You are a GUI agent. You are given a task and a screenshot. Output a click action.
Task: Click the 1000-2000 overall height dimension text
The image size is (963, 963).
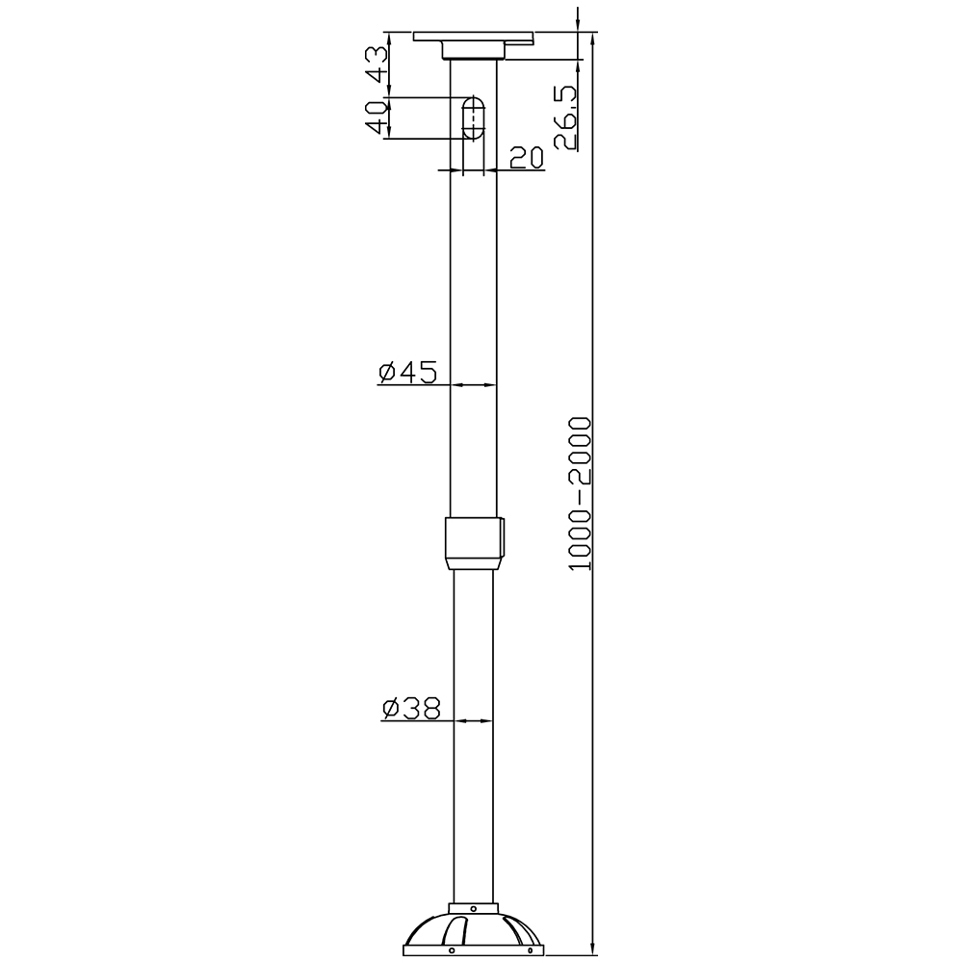click(x=580, y=494)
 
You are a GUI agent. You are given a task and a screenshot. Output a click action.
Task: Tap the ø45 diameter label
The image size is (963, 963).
click(x=407, y=372)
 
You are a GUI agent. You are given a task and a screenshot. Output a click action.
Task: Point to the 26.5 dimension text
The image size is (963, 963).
click(x=565, y=117)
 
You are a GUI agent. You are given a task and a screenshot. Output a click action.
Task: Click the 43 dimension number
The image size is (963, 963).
click(x=377, y=65)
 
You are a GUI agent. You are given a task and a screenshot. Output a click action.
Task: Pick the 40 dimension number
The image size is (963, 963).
click(x=377, y=117)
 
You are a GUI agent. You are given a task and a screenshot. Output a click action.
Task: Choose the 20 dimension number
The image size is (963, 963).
click(x=527, y=158)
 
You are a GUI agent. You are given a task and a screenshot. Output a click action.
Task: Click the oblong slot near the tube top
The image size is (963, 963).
click(x=472, y=117)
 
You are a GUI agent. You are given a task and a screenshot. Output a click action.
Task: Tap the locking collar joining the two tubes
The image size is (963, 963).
click(x=473, y=543)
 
